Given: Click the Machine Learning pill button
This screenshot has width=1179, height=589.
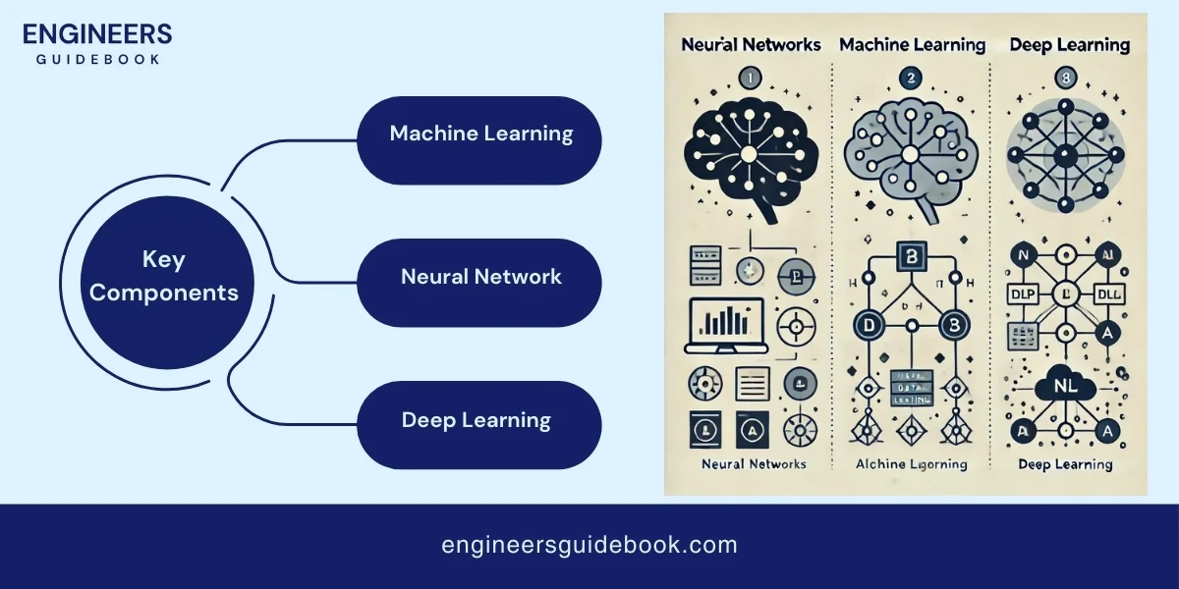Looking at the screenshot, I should pyautogui.click(x=481, y=134).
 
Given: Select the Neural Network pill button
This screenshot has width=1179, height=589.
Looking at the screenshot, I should pyautogui.click(x=481, y=277).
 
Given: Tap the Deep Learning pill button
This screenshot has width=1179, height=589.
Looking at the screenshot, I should pyautogui.click(x=477, y=421).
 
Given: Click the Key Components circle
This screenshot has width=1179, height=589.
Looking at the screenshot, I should pyautogui.click(x=164, y=277).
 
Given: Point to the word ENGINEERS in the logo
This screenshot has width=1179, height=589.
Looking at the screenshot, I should pyautogui.click(x=96, y=34).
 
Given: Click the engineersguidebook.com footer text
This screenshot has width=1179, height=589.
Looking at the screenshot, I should pyautogui.click(x=589, y=545).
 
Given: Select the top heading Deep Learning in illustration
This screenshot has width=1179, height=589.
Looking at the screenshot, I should pyautogui.click(x=1069, y=45).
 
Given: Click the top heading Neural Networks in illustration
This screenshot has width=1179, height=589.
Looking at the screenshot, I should pyautogui.click(x=750, y=45).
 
